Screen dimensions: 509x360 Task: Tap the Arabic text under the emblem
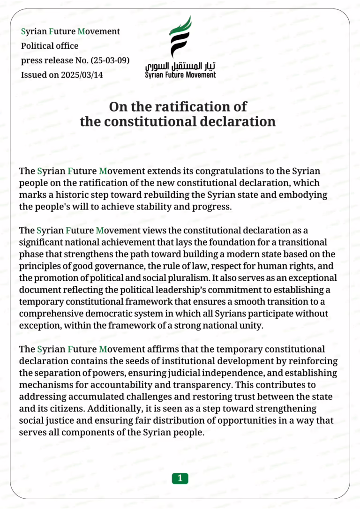tap(180, 65)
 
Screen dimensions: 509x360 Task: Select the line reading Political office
tap(50, 46)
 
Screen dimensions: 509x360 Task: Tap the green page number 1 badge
tap(180, 478)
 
